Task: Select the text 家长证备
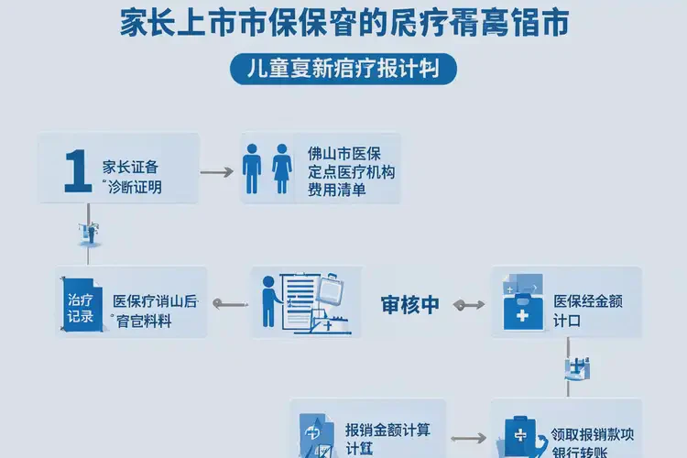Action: [132, 169]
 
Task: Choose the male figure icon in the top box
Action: [252, 169]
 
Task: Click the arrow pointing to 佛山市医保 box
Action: [216, 171]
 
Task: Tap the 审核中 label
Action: [409, 306]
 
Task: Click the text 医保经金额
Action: [588, 301]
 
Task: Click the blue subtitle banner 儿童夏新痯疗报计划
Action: [343, 70]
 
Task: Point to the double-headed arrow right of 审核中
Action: [466, 305]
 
